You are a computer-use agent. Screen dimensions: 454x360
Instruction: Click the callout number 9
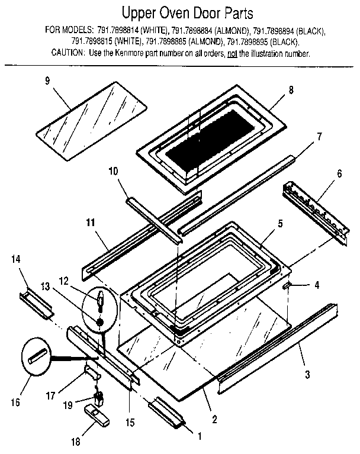pos(47,82)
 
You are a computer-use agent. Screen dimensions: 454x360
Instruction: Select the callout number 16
pos(15,403)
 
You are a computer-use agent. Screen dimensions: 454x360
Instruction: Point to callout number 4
pos(317,285)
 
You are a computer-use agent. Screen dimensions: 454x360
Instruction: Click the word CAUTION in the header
pos(67,54)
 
